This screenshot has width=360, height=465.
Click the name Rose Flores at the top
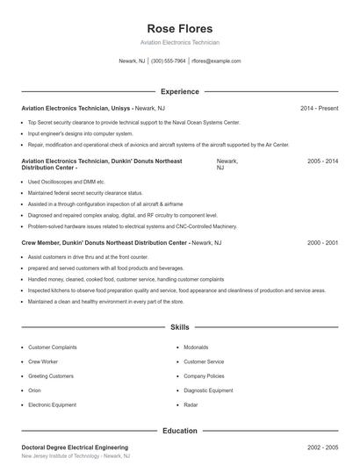[x=179, y=28]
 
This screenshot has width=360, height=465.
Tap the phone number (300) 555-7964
[x=169, y=61]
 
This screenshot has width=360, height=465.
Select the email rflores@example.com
[x=216, y=61]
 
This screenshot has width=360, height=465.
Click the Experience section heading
[x=179, y=91]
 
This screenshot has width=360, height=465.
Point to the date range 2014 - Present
[x=319, y=108]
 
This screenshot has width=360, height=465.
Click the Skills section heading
[x=179, y=327]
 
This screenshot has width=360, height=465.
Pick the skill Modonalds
[x=196, y=347]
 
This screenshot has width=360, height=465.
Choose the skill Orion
[x=34, y=390]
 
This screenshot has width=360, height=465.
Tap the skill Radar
[x=191, y=404]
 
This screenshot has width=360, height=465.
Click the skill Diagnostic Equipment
[x=208, y=390]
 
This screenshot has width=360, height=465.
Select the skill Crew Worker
[x=43, y=361]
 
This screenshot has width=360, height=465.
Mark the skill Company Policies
[x=204, y=376]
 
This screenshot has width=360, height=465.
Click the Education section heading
[x=179, y=431]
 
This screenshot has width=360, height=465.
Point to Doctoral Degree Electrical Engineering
[x=75, y=447]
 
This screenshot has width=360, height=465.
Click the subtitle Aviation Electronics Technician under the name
[x=179, y=42]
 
